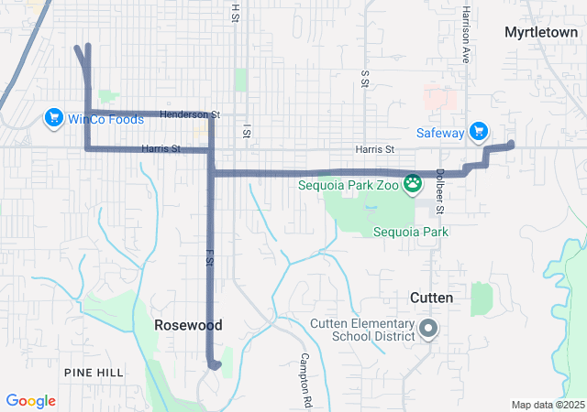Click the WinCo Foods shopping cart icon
pyautogui.click(x=53, y=118)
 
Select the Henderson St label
pyautogui.click(x=190, y=114)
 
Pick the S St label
pyautogui.click(x=364, y=80)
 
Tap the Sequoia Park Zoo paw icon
pyautogui.click(x=415, y=182)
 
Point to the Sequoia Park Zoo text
pyautogui.click(x=351, y=183)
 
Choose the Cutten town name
pyautogui.click(x=430, y=298)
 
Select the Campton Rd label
pyautogui.click(x=305, y=380)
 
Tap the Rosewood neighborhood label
pyautogui.click(x=188, y=325)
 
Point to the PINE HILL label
pyautogui.click(x=94, y=372)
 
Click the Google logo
pyautogui.click(x=30, y=401)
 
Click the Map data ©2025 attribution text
pyautogui.click(x=548, y=405)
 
